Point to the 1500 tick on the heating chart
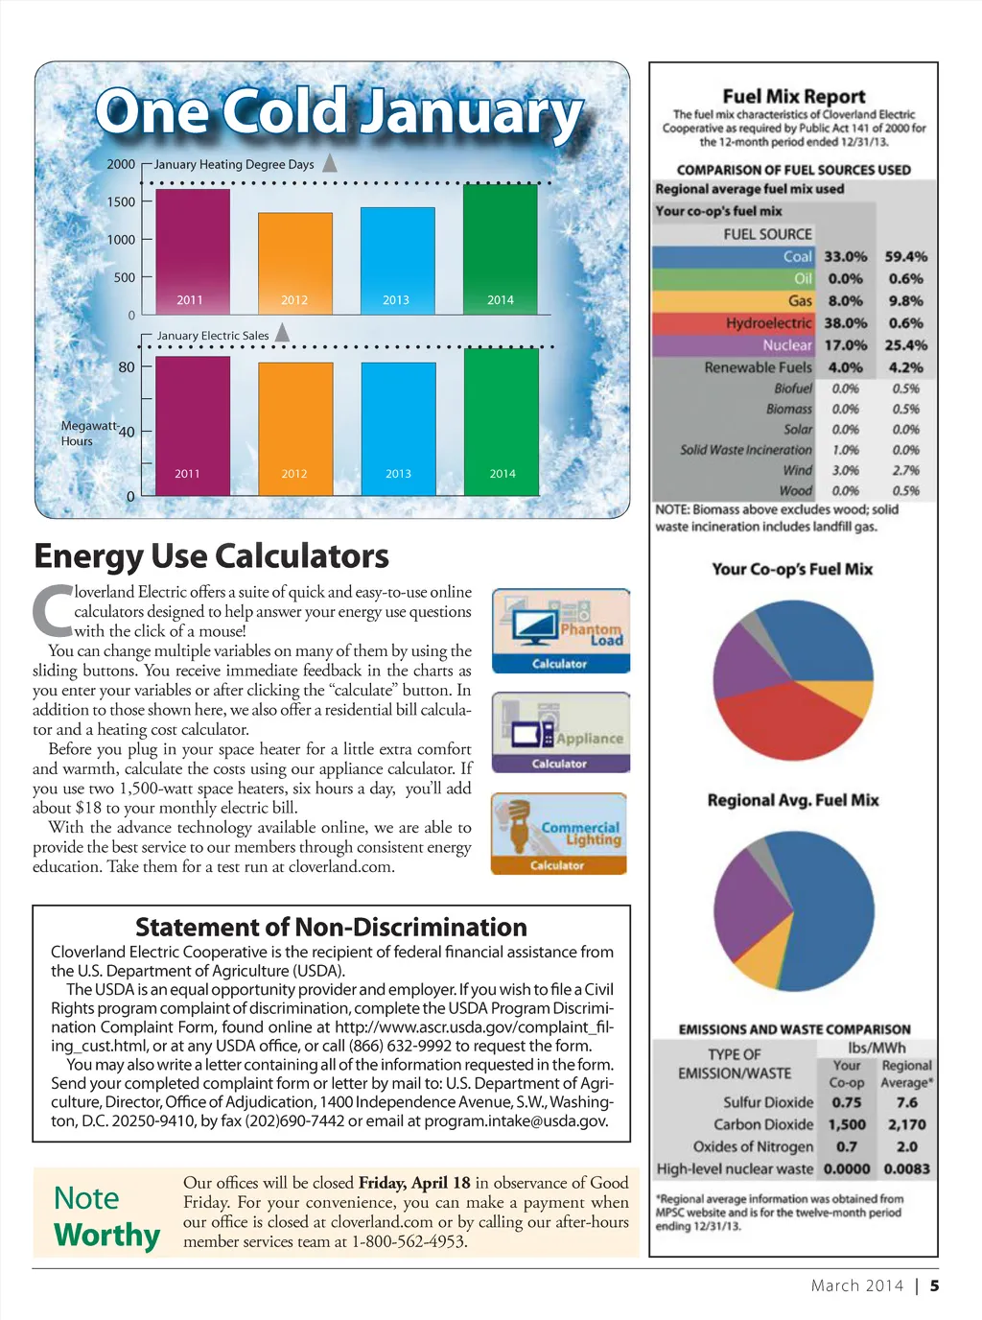tap(121, 201)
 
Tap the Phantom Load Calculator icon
tap(560, 631)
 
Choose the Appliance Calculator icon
tap(560, 733)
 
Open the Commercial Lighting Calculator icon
tap(558, 834)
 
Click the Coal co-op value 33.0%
tap(845, 257)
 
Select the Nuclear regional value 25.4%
tap(905, 345)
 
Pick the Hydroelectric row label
tap(768, 323)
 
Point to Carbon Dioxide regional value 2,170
tap(906, 1124)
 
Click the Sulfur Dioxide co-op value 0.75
tap(846, 1102)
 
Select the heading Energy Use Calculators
tap(211, 556)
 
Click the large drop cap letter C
tap(52, 610)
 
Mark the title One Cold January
tap(339, 112)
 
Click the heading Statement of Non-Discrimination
tap(331, 927)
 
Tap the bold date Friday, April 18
tap(414, 1183)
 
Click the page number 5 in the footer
tap(934, 1285)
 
